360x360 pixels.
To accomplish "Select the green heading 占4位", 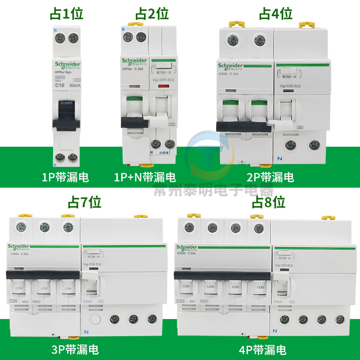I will tap(275, 14).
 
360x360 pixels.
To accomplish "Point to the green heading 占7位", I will tap(84, 202).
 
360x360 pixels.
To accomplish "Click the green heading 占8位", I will tap(269, 202).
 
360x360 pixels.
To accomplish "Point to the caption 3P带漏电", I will tap(75, 349).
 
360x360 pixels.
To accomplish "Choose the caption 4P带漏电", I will tap(263, 349).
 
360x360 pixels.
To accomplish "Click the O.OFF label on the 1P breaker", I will tap(67, 103).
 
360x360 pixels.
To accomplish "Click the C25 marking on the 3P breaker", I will tap(13, 301).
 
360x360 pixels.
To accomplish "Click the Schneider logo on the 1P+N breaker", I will tap(134, 62).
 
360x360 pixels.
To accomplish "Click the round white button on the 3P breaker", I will tap(95, 320).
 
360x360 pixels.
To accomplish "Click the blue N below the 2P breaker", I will tap(279, 159).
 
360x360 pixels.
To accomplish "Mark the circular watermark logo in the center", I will tap(206, 155).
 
